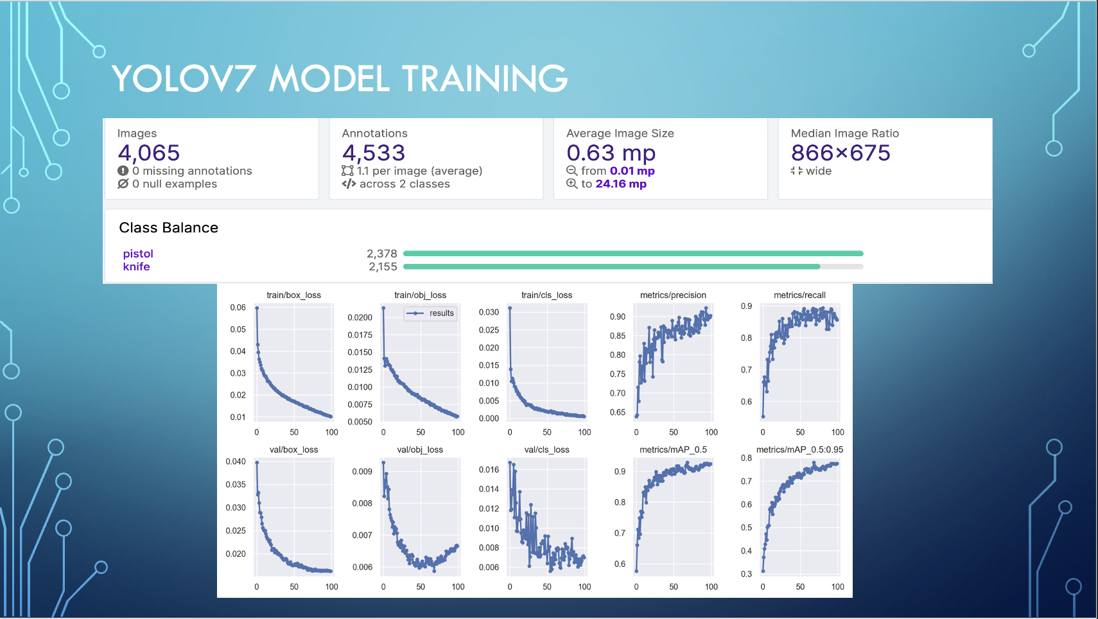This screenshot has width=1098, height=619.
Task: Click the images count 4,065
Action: pos(149,153)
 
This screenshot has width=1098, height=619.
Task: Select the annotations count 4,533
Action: pos(374,153)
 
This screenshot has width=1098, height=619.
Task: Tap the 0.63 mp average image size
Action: pos(611,153)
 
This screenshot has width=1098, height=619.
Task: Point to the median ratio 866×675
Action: pos(841,153)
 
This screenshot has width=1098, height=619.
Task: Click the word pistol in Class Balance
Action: pos(138,254)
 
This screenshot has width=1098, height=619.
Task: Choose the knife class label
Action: pos(136,266)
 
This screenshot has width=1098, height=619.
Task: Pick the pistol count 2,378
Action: pos(382,254)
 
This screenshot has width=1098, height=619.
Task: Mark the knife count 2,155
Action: pos(383,266)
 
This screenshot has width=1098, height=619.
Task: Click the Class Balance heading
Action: pos(168,228)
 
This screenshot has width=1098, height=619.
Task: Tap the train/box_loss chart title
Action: pos(293,295)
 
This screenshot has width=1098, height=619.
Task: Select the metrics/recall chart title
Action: pos(799,295)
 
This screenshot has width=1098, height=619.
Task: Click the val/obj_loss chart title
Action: pos(420,449)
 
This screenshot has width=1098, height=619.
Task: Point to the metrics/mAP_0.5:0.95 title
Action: pos(799,449)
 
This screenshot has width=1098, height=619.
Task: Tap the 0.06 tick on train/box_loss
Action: pos(238,308)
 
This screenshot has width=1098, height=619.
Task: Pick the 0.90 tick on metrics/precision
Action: pos(617,317)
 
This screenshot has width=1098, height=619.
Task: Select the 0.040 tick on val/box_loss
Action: pos(236,462)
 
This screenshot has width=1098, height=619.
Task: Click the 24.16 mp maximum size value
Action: pos(620,184)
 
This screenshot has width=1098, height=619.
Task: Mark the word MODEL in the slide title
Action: pos(329,78)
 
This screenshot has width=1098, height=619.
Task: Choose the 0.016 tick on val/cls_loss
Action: pos(489,469)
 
